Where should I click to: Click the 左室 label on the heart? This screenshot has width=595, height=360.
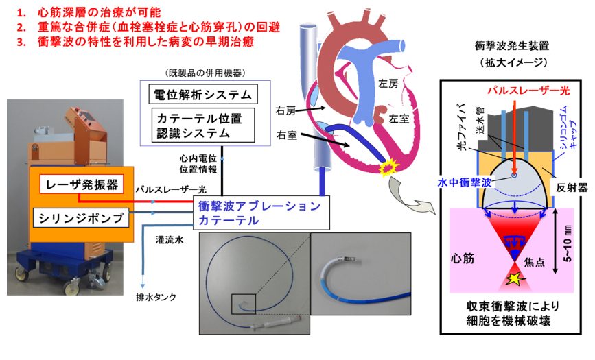(x=398, y=118)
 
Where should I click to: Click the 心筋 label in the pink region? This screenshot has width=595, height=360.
(x=465, y=261)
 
